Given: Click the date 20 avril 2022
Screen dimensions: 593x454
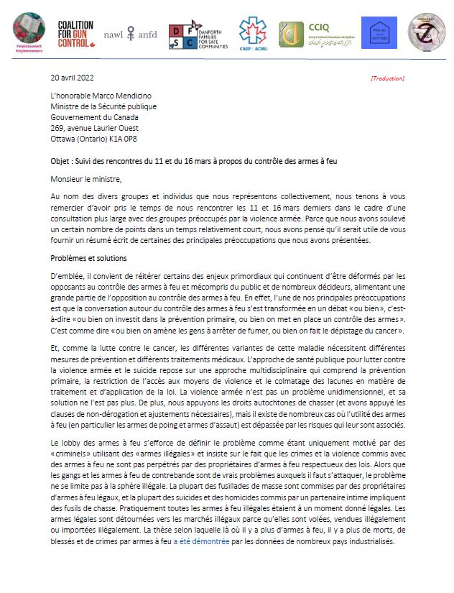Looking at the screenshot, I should pos(72,78).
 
